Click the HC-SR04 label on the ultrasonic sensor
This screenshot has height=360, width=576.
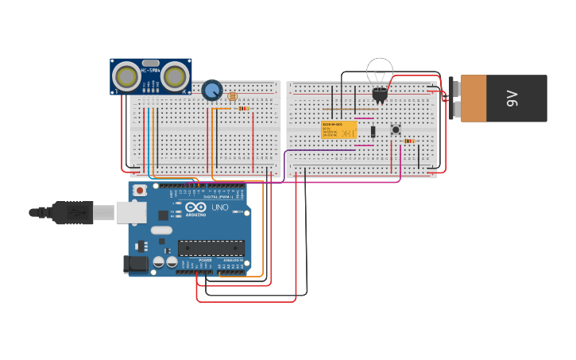(150, 71)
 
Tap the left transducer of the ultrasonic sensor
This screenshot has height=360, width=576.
(126, 76)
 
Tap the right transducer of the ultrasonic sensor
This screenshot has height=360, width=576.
(176, 76)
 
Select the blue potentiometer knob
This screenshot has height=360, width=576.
(211, 90)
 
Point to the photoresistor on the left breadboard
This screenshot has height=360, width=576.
(232, 96)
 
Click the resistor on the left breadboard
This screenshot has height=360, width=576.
(243, 109)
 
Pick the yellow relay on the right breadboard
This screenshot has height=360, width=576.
(338, 130)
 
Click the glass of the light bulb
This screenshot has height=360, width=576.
(380, 72)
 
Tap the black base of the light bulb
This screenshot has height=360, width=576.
(380, 95)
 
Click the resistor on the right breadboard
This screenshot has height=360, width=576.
(409, 141)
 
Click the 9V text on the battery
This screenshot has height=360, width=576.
(512, 99)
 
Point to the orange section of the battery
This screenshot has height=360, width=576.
(474, 99)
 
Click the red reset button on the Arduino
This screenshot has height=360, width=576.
(140, 191)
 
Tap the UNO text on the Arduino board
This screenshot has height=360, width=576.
(219, 208)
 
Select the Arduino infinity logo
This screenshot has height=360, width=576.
(195, 206)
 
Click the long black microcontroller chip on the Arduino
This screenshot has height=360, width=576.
(211, 248)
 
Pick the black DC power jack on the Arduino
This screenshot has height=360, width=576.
(135, 264)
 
